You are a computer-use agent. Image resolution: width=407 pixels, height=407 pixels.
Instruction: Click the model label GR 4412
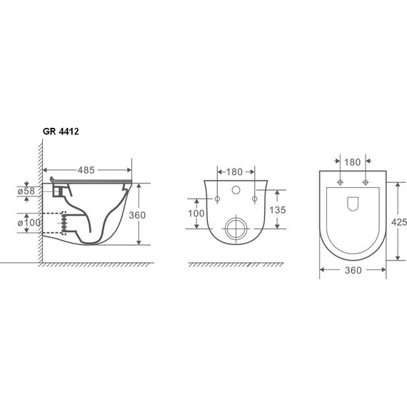[61, 131]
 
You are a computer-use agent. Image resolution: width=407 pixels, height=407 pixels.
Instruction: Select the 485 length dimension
[86, 170]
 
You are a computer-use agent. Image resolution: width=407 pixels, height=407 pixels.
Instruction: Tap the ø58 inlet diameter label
[26, 191]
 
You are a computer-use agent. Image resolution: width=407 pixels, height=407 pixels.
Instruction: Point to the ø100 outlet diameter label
[29, 223]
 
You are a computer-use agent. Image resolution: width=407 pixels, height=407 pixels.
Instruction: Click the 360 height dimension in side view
[137, 215]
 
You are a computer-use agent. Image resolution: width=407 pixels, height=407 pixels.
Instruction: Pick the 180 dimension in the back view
[234, 172]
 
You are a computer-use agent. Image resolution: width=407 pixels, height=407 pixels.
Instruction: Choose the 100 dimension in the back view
[196, 213]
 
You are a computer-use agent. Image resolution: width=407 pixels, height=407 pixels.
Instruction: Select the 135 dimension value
[278, 210]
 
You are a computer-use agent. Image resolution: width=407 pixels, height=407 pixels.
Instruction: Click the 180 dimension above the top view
[353, 162]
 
